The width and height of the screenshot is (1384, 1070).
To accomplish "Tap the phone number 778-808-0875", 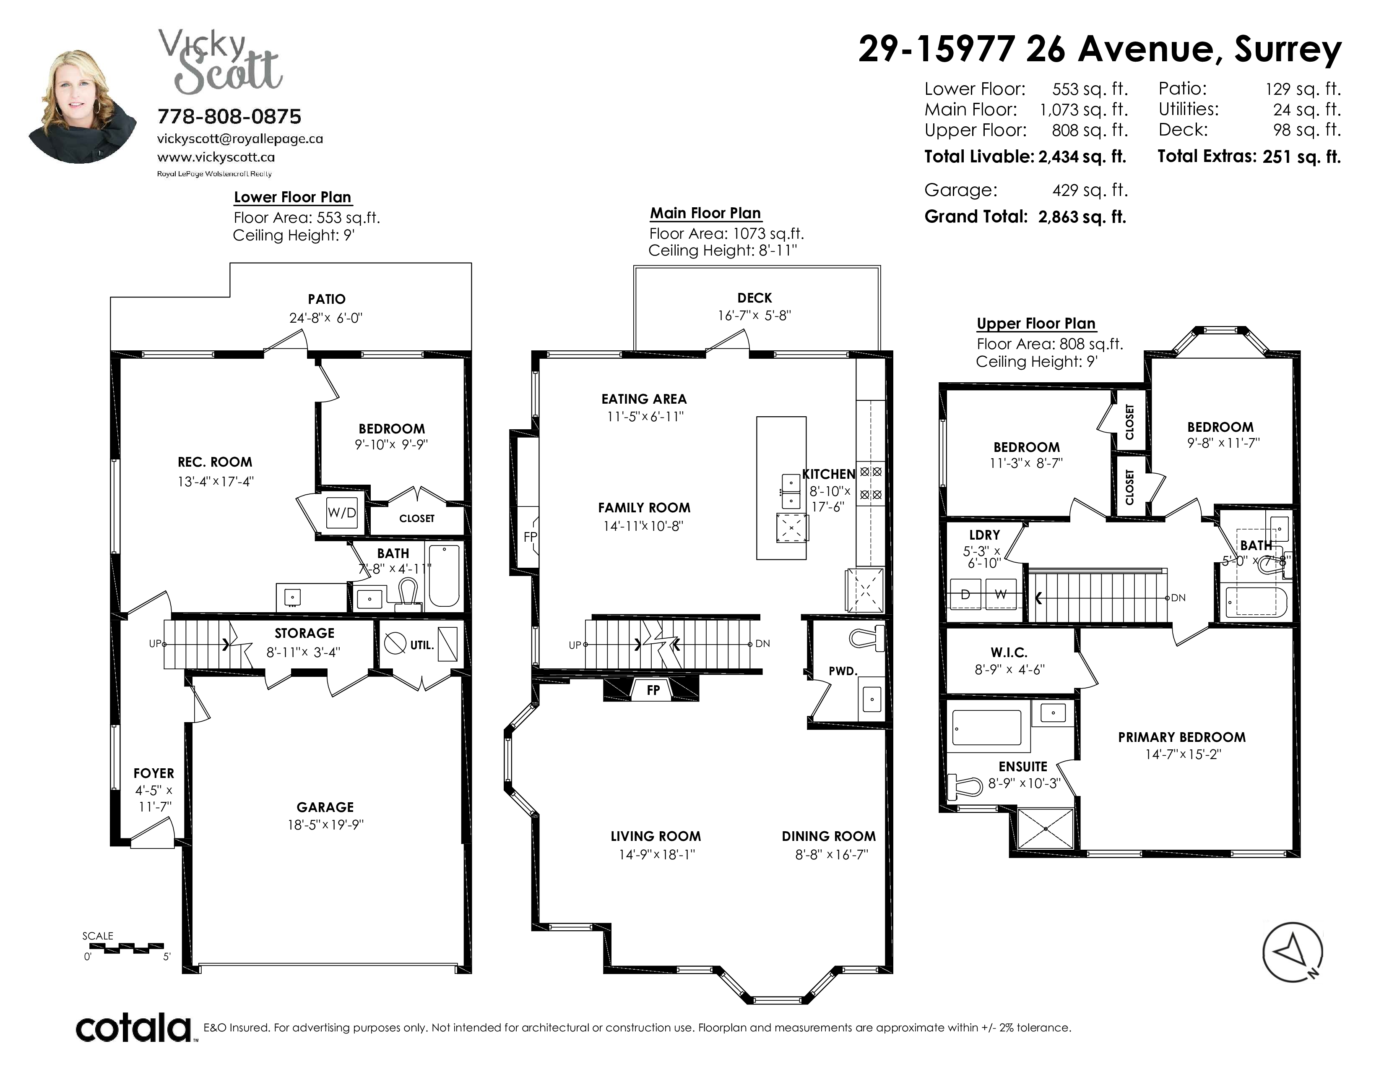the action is (229, 117).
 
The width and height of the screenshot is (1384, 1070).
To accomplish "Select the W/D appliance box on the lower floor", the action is (341, 513).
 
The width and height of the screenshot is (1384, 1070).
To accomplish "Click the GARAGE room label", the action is (325, 807).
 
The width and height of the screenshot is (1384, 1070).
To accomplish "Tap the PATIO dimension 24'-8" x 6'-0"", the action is (326, 318).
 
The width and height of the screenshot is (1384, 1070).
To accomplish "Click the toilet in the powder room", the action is (866, 638).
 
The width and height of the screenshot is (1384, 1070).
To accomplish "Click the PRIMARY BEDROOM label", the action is (1182, 737).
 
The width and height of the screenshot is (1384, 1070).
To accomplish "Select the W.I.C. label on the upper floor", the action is (1009, 652).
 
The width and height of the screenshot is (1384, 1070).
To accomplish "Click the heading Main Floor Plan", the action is (705, 213).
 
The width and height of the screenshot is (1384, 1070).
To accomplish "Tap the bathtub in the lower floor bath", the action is (444, 574).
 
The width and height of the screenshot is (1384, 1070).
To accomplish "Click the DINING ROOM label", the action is (829, 836).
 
